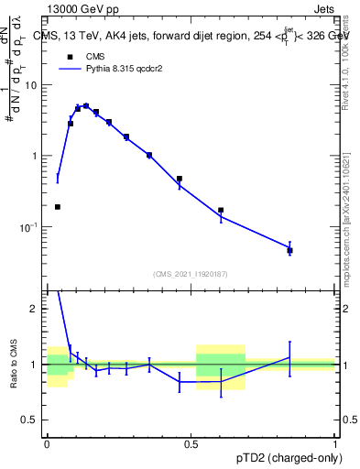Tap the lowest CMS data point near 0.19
pyautogui.click(x=58, y=207)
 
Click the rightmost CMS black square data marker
pyautogui.click(x=315, y=250)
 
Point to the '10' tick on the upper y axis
pyautogui.click(x=34, y=85)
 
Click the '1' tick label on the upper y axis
pyautogui.click(x=38, y=156)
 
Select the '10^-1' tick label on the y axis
pyautogui.click(x=32, y=226)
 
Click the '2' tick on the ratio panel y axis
pyautogui.click(x=38, y=309)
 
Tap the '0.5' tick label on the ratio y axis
pyautogui.click(x=32, y=420)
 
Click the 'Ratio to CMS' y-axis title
pyautogui.click(x=14, y=365)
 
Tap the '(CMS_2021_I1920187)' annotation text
pyautogui.click(x=191, y=274)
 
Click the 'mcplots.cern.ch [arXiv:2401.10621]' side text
pyautogui.click(x=350, y=211)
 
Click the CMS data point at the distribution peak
pyautogui.click(x=86, y=106)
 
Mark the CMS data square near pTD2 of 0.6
pyautogui.click(x=221, y=210)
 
